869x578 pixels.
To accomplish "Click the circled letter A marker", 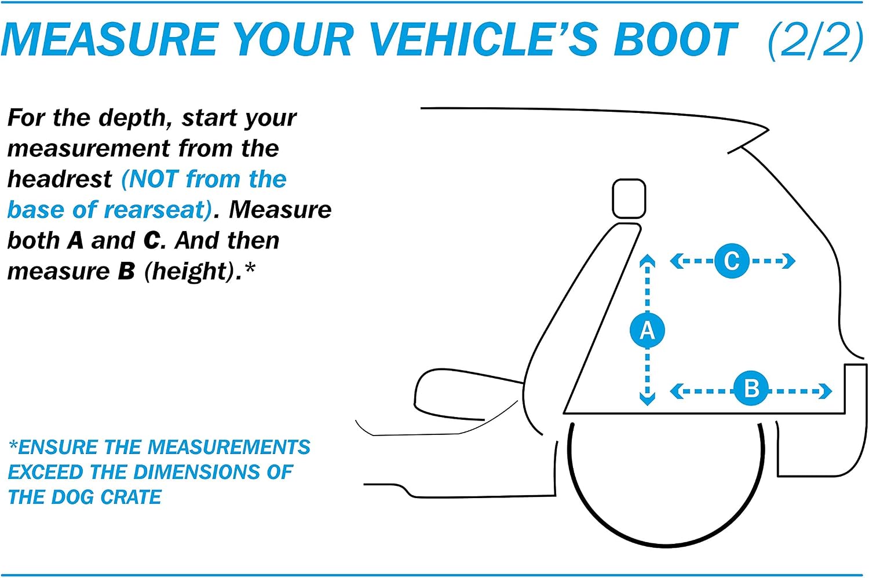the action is click(x=647, y=330).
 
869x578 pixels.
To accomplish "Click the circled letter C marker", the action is click(x=732, y=261).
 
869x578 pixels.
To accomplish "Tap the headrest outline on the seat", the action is click(x=629, y=198).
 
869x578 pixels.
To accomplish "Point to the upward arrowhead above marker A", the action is click(x=647, y=261).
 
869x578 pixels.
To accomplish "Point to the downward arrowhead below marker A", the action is click(x=647, y=399).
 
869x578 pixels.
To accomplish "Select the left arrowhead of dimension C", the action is click(x=677, y=261).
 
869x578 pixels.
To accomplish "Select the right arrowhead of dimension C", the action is click(x=788, y=261).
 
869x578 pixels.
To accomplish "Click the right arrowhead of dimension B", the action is click(x=825, y=391).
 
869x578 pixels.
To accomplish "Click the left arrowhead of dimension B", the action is click(x=677, y=391).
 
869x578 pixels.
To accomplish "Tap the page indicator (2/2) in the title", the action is click(x=816, y=40).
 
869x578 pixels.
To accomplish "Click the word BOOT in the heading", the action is click(x=676, y=40).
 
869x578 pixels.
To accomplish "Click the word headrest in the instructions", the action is click(x=60, y=179).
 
